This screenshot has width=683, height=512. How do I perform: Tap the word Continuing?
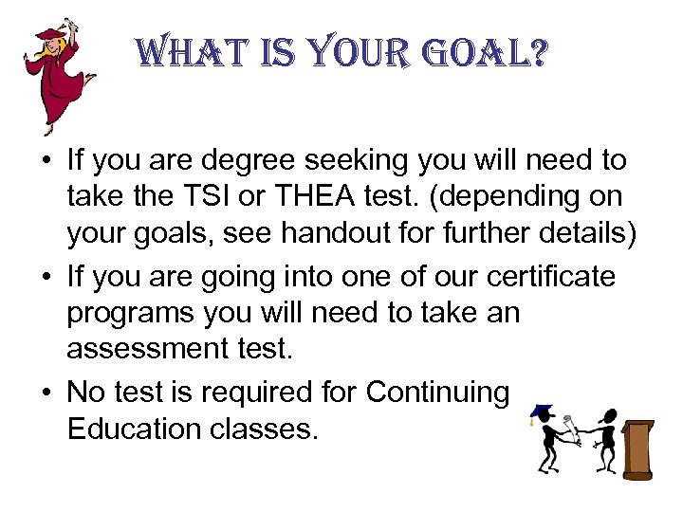(x=436, y=391)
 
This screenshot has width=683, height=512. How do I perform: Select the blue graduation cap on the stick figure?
(x=542, y=411)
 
